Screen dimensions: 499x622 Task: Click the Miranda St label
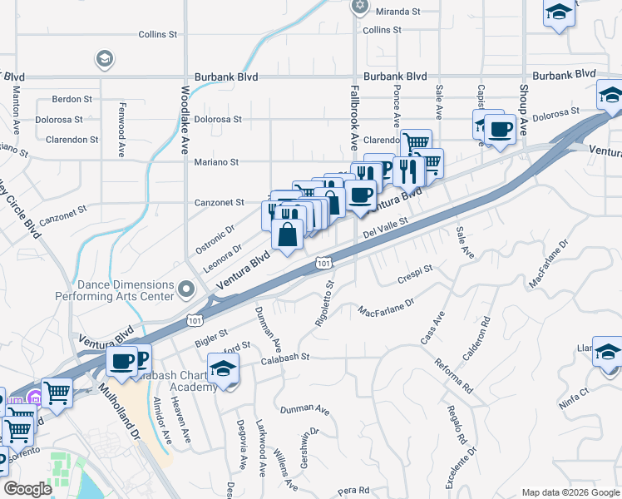(398, 12)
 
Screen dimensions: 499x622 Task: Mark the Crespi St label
(416, 271)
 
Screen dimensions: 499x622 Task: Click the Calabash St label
(283, 357)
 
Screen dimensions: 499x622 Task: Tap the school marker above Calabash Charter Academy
(223, 368)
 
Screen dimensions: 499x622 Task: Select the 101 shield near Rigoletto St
(323, 264)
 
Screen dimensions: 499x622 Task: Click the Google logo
(27, 489)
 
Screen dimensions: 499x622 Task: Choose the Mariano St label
(216, 162)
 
